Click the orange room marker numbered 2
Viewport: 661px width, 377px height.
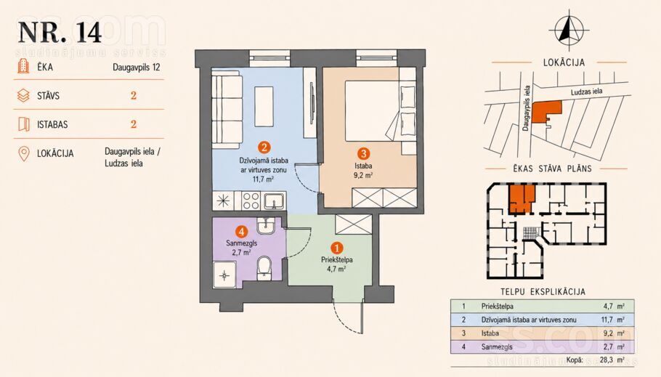coord(264,147)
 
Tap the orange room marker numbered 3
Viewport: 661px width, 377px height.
coord(363,153)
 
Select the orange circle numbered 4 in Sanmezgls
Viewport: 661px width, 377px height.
coord(241,231)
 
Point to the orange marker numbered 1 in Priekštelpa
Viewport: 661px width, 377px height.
coord(337,248)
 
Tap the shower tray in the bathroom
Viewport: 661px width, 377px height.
coord(224,275)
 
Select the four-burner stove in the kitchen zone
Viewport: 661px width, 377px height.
coord(251,200)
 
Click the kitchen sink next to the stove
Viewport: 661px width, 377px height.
coord(275,200)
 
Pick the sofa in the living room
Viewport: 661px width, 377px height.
coord(227,109)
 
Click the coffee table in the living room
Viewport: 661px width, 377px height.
coord(264,106)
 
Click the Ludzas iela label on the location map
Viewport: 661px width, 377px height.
coord(586,92)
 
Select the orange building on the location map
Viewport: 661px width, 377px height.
coord(546,112)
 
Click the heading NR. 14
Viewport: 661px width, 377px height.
coord(60,32)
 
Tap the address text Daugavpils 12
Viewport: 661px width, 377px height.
coord(136,67)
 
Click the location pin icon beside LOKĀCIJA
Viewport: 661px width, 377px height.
coord(24,153)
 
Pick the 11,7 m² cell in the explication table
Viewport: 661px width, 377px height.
coord(613,320)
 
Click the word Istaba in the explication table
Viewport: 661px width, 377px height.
coord(490,333)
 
